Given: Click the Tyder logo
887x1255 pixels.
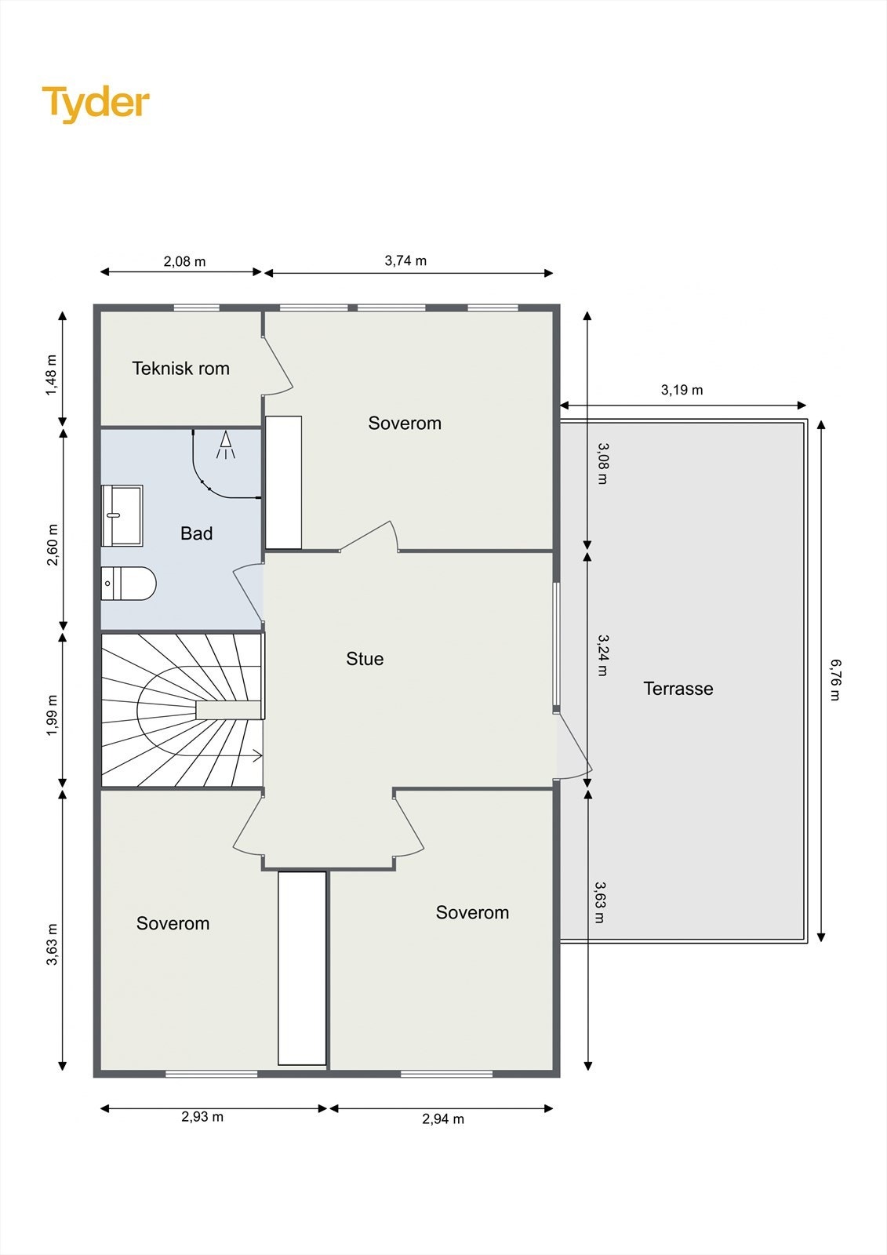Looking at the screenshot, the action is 96,104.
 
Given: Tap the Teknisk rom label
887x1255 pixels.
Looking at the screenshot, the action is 180,368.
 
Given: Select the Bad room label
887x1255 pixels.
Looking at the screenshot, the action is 196,533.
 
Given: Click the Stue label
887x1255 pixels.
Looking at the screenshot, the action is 365,658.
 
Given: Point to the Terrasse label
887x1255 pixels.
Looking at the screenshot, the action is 678,688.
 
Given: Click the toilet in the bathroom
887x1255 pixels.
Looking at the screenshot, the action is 129,584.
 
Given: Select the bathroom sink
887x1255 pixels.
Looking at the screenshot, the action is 122,515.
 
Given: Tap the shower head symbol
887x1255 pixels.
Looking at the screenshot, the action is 226,445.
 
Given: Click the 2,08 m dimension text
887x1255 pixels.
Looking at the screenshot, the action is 184,261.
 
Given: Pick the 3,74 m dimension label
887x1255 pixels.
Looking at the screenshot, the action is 405,260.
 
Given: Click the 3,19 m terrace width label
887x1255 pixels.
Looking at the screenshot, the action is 682,390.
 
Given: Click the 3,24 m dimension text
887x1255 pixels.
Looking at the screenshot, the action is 602,656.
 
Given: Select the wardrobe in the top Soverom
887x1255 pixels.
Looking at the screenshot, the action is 284,482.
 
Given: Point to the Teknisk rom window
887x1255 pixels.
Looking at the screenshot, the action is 196,307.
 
